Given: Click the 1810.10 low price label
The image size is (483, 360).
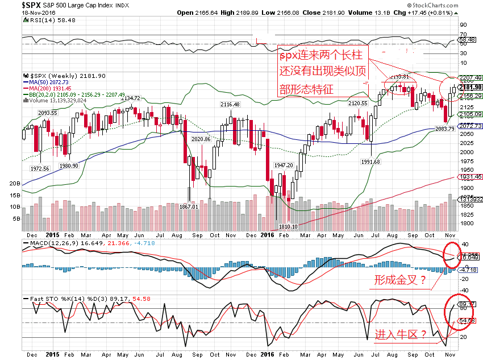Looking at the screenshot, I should click(x=289, y=226).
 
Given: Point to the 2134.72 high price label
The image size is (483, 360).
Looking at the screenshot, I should click(x=126, y=98).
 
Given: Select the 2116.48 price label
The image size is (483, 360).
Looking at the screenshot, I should click(x=230, y=104).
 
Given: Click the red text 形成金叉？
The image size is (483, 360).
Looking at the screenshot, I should click(x=399, y=280).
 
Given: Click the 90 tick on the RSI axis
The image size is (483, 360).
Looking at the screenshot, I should click(x=464, y=25).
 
